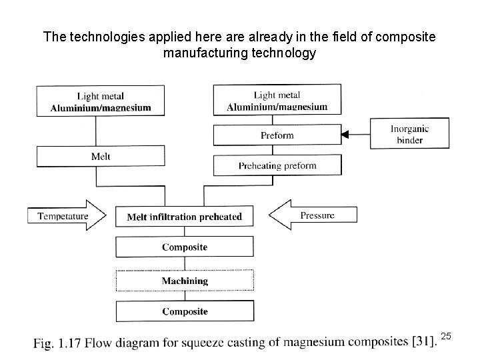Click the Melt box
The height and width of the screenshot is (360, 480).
[100, 156]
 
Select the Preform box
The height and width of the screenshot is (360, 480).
[277, 135]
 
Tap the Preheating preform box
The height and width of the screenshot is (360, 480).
[277, 165]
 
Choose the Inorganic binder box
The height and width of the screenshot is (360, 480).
[409, 135]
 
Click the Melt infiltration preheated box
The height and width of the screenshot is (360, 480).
[185, 217]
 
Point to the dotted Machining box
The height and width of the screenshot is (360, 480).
[185, 281]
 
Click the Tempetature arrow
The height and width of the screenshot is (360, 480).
[67, 215]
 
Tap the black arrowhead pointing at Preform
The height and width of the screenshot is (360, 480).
[345, 135]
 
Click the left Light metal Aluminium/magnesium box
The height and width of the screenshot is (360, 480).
[100, 102]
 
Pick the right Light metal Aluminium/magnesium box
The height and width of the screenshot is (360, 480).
[277, 101]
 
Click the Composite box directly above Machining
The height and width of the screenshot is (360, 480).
[185, 247]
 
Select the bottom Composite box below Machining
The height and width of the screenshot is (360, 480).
[185, 311]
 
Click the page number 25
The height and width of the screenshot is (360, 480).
[447, 337]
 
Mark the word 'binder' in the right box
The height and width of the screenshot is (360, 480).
[409, 141]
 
